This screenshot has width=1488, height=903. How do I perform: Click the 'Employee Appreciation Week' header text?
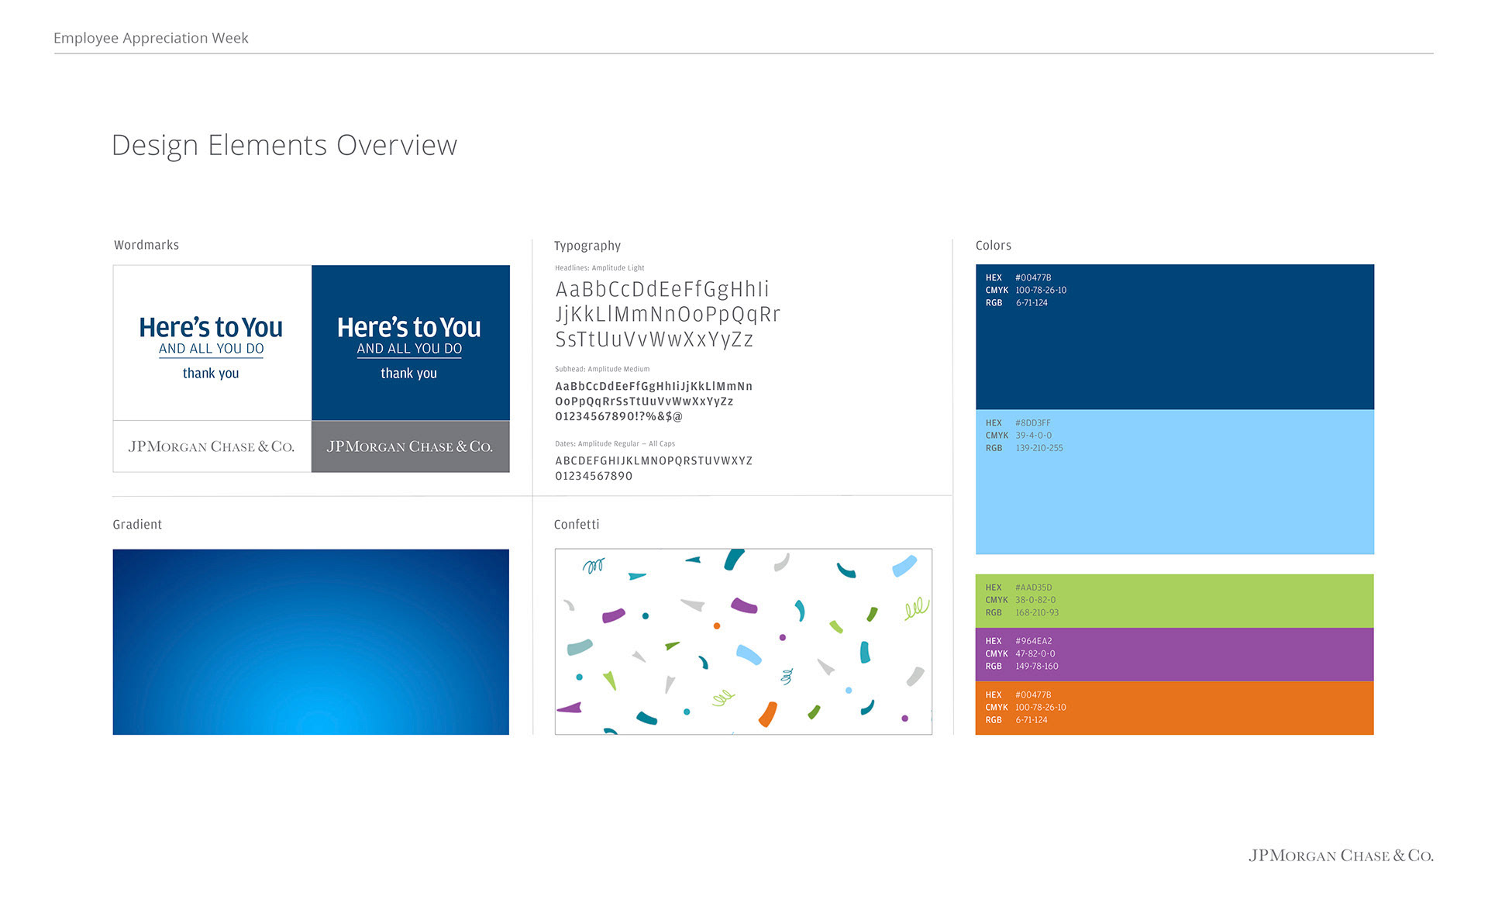(x=151, y=38)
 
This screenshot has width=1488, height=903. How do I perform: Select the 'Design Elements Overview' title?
(x=284, y=146)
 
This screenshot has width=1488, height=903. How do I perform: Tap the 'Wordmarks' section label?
(x=146, y=245)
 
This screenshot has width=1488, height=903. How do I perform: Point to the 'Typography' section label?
(x=587, y=246)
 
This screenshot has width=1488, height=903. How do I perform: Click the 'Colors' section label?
(x=994, y=245)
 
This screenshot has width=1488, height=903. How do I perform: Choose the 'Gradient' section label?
(x=137, y=525)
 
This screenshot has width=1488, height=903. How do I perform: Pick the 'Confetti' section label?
(x=577, y=525)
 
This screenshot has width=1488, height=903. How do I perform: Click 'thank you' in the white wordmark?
(x=211, y=373)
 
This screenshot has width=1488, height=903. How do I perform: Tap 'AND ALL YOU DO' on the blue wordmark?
(x=409, y=349)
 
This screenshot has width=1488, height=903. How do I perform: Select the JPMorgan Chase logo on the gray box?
(x=410, y=446)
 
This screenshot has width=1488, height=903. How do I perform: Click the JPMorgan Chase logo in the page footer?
(x=1341, y=856)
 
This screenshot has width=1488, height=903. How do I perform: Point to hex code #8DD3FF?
(x=1033, y=423)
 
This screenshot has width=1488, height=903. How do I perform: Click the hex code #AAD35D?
(x=1034, y=588)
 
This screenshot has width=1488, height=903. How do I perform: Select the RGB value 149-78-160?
(x=1037, y=667)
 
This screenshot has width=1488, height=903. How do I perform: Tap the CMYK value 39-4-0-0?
(x=1034, y=436)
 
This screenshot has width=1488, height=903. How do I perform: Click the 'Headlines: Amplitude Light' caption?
(x=600, y=268)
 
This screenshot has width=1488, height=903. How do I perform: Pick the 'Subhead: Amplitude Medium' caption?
(x=602, y=369)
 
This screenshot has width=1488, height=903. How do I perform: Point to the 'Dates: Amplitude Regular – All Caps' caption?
(x=615, y=444)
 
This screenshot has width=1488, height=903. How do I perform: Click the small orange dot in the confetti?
(x=717, y=626)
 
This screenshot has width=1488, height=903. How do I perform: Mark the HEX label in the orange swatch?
(x=994, y=695)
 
